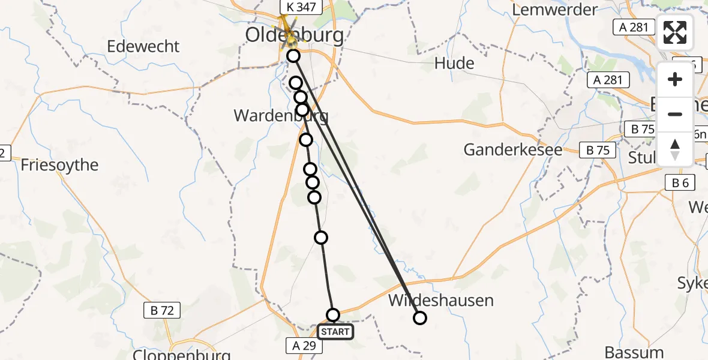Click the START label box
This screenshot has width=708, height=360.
point(335,332)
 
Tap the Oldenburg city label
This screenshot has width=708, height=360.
point(295,35)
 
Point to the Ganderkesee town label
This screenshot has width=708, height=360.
point(513,149)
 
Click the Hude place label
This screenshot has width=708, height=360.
point(454,64)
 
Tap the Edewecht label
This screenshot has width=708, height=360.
point(143,46)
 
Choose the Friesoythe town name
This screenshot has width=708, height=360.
point(59,165)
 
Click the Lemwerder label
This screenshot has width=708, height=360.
point(556,10)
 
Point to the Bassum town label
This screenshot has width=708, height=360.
point(634,352)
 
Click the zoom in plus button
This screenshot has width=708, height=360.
point(675,79)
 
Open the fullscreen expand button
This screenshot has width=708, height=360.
point(675,32)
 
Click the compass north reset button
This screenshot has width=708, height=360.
point(675,149)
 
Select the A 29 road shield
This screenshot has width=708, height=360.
point(304,345)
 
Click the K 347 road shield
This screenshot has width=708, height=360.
point(303,7)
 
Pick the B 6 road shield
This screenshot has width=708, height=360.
point(680,183)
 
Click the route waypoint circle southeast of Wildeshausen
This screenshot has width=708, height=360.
point(420,318)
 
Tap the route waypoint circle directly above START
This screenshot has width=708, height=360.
point(332,315)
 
